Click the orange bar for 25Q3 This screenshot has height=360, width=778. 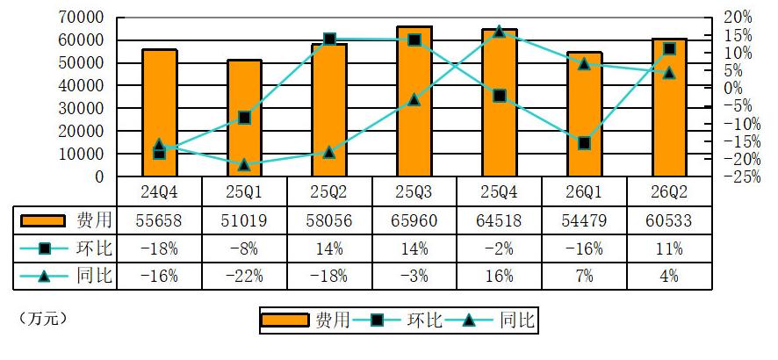tap(414, 102)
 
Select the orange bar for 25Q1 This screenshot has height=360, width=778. tap(244, 118)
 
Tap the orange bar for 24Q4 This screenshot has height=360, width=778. tap(159, 113)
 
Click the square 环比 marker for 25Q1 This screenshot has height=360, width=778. tap(244, 118)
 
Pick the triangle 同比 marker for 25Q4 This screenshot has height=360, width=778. tap(499, 32)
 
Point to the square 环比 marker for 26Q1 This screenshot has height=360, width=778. tap(585, 144)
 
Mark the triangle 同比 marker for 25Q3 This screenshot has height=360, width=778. tap(414, 100)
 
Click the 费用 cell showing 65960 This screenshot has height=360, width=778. tap(414, 220)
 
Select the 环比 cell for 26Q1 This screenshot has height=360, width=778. tap(585, 248)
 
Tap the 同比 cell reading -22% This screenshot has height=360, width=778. tap(244, 276)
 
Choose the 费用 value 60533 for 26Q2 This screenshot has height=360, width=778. tap(669, 220)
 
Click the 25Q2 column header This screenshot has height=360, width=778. tap(329, 191)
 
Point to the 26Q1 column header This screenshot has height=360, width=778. tap(585, 191)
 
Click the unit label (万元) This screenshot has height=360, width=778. tap(43, 319)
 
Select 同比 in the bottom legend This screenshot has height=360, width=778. tap(517, 320)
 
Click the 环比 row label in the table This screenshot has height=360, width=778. tap(95, 248)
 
